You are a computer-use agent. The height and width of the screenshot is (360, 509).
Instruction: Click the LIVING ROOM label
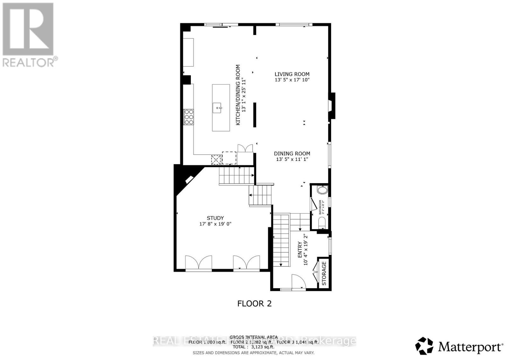point(292,74)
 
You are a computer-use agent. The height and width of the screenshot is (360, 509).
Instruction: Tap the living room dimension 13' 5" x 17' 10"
point(292,80)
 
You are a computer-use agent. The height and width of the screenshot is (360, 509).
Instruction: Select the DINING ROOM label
point(292,153)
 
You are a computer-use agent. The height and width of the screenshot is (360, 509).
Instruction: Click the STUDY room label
point(215,218)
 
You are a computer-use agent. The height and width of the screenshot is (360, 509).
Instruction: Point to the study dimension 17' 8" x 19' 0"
point(215,224)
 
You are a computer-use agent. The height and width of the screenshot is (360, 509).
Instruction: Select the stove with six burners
point(189,117)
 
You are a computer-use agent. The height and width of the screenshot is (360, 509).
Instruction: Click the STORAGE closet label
point(324,273)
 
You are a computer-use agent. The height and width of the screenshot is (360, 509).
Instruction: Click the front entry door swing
point(298,281)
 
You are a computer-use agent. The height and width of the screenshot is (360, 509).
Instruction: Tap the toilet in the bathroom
point(322,222)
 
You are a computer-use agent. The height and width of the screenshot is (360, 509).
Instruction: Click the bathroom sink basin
point(322,190)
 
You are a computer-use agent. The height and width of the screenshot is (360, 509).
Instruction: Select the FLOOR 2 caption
point(254,303)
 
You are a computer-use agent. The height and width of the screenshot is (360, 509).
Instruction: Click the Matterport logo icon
point(424,346)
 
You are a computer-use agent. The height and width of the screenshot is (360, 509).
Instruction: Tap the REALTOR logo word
point(29,62)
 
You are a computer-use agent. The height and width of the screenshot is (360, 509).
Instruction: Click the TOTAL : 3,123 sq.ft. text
point(253,347)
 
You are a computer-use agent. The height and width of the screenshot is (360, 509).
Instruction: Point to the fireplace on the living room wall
point(332,106)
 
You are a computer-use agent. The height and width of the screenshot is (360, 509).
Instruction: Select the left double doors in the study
point(199,263)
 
